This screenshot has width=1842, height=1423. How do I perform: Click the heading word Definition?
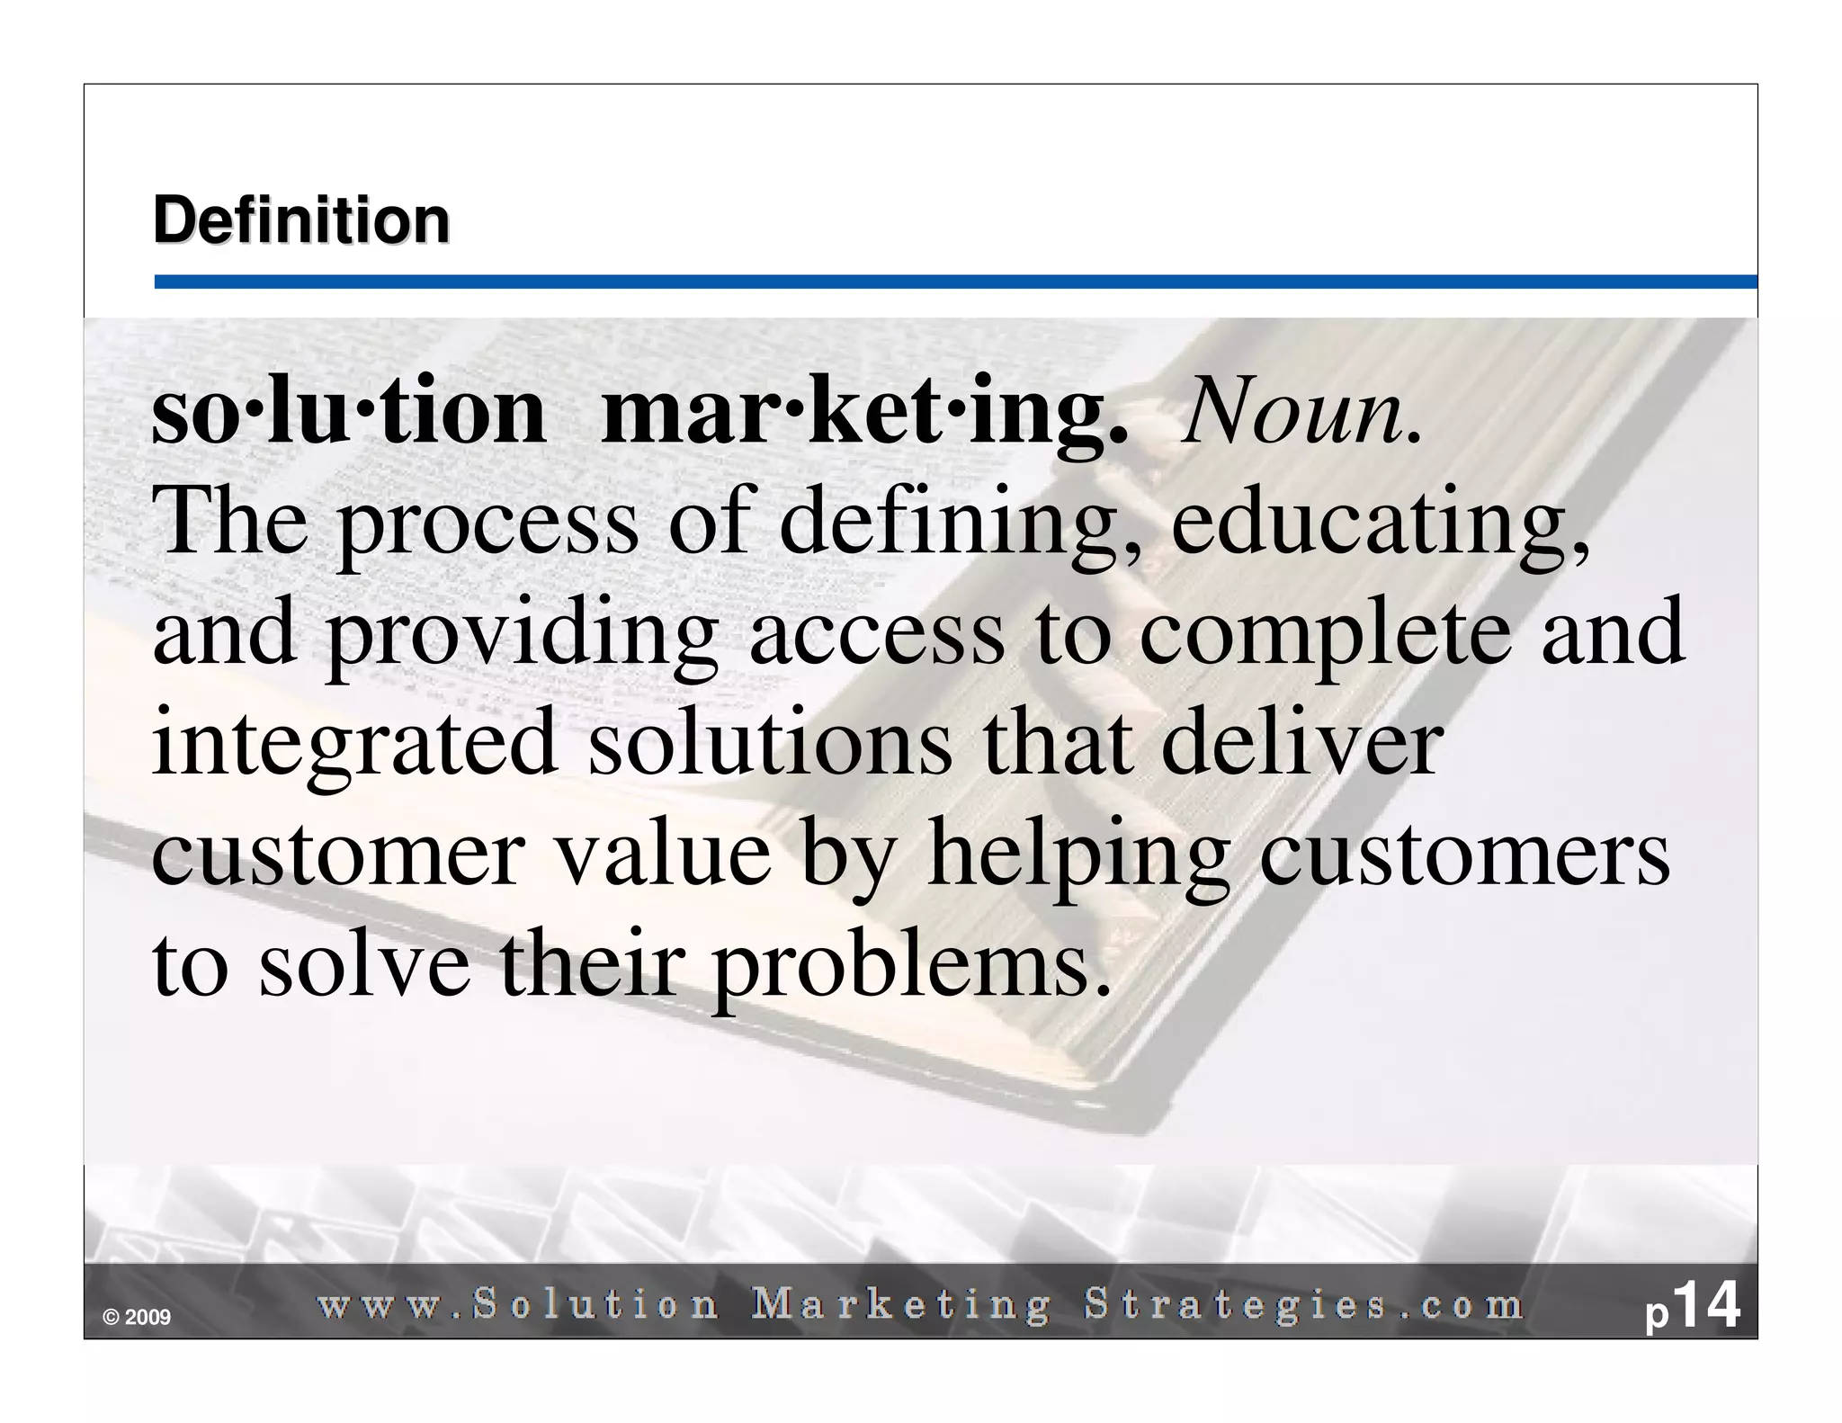pos(301,221)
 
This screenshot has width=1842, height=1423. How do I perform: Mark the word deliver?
pos(1302,743)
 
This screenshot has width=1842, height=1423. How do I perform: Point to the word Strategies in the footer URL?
pos(1237,1305)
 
